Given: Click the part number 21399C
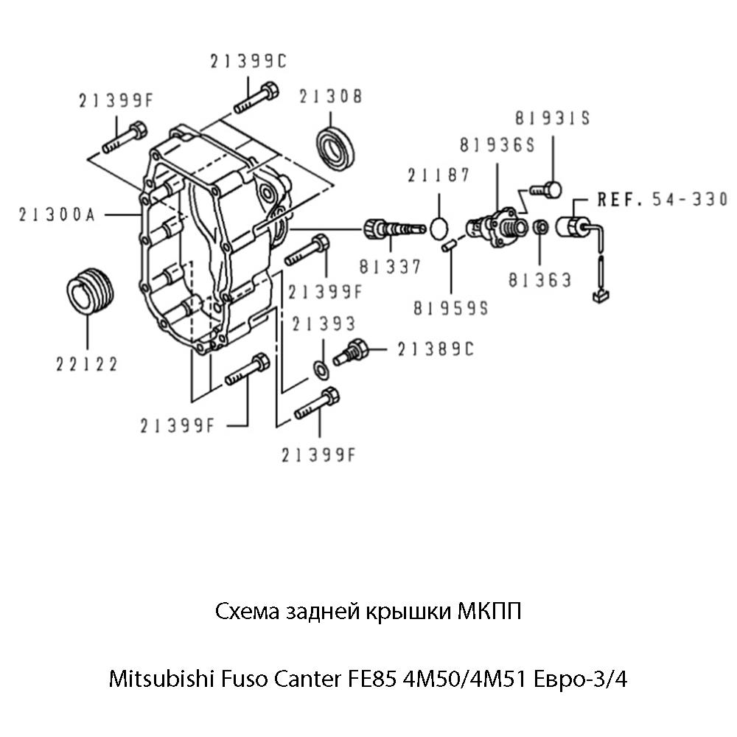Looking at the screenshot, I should [247, 63].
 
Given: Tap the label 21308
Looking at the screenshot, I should [330, 96].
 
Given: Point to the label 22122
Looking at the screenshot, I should [87, 363].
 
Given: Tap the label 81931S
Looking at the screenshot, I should [553, 118].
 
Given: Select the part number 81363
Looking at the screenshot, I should [539, 280].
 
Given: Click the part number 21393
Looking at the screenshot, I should [323, 324].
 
